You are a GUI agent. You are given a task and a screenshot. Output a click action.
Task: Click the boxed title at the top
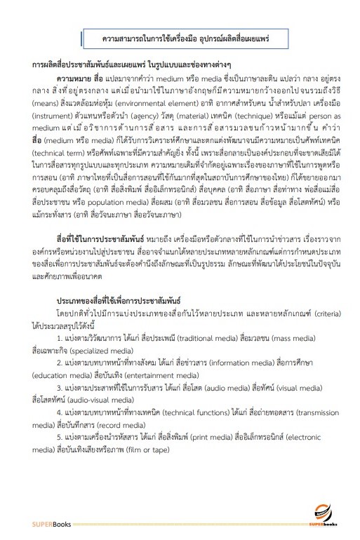click(x=180, y=36)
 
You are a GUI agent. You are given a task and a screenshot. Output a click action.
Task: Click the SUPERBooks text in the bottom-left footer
click(x=51, y=523)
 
